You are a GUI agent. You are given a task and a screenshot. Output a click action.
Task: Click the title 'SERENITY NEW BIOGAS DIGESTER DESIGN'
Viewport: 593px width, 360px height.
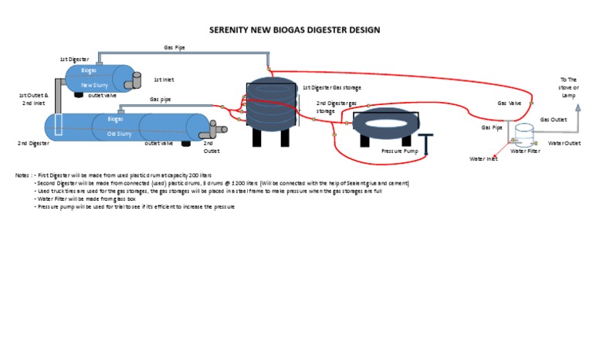click(296, 30)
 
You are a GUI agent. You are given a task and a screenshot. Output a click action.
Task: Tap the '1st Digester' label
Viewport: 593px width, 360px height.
click(74, 59)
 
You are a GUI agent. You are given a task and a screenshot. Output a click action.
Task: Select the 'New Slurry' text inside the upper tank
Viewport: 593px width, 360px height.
click(98, 85)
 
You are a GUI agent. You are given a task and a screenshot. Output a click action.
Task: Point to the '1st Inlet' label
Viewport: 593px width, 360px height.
click(164, 79)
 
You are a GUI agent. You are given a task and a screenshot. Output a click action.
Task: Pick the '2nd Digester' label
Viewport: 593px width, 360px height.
click(33, 143)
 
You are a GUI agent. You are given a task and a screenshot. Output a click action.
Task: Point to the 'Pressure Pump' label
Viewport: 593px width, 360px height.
click(399, 151)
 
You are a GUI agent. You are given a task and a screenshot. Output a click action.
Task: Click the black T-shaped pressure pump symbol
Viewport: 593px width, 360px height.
click(427, 143)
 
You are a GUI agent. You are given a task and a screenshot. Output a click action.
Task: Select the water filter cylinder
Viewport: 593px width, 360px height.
click(525, 136)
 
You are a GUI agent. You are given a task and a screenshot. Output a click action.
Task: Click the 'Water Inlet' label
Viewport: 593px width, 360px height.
click(484, 158)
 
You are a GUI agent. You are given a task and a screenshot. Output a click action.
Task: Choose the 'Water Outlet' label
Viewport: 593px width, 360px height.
click(564, 143)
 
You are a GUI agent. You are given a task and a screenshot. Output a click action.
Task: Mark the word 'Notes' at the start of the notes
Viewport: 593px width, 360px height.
click(22, 175)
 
